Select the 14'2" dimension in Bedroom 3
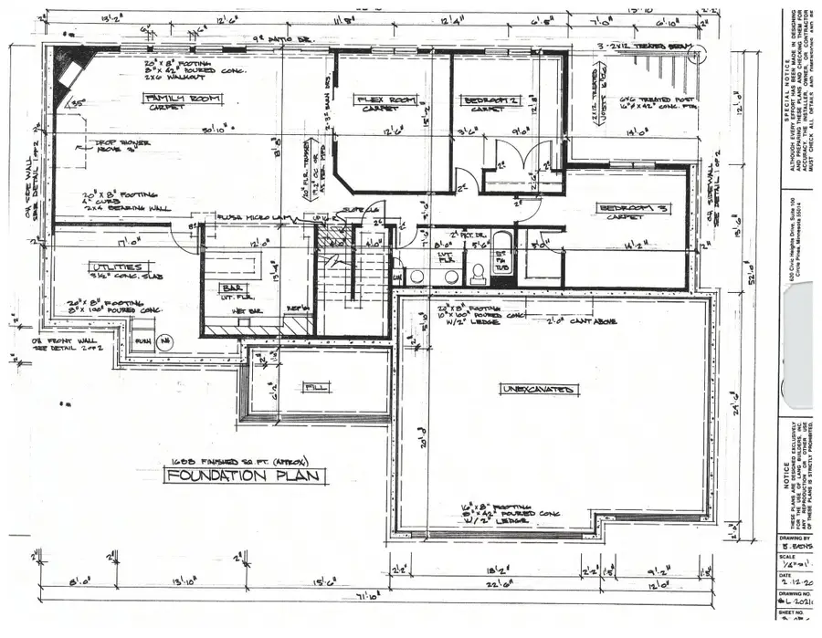click(638, 246)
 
